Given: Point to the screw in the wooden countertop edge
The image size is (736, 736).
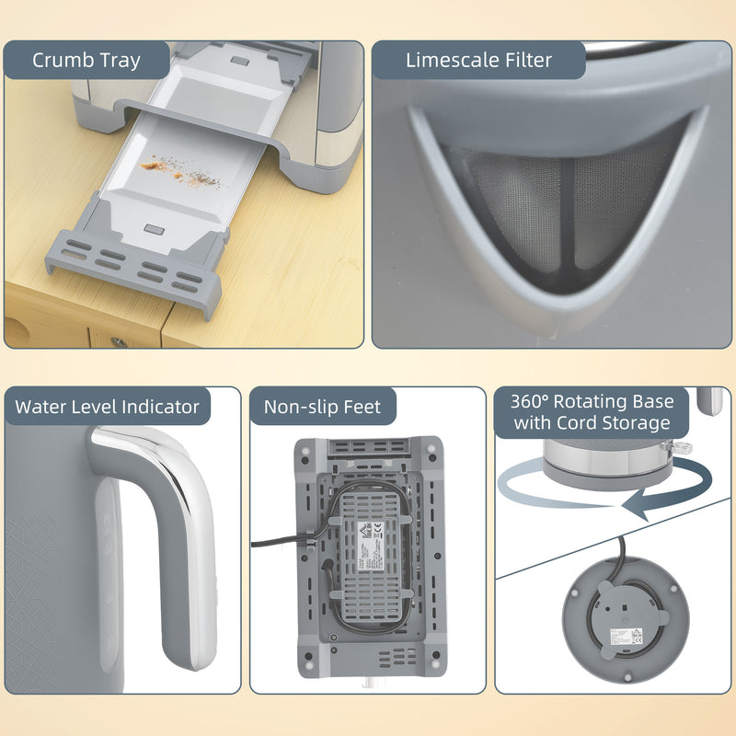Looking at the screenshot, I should click(118, 341).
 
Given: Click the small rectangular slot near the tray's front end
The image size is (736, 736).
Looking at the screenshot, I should click(152, 226).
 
